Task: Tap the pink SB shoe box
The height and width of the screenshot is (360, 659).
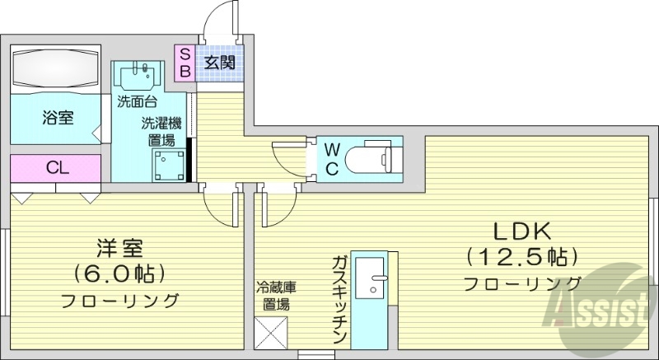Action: pos(185,63)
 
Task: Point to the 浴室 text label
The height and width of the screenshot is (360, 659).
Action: pos(57,118)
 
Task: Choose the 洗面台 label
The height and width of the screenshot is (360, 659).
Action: pos(136,104)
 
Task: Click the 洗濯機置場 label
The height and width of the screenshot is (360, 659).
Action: pos(161,132)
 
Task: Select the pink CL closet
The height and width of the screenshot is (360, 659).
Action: pos(56,168)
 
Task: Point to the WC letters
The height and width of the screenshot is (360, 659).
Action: pos(331,158)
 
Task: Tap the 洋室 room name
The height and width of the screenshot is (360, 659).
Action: pos(119,247)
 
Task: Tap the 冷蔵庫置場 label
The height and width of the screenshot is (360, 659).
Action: pos(272,297)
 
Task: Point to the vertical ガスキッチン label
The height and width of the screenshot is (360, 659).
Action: pos(338,300)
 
